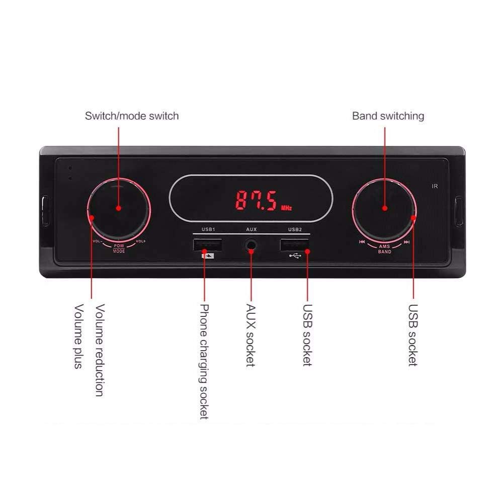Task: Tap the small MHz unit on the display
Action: click(286, 207)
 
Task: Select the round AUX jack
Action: click(251, 245)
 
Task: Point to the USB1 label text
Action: click(208, 229)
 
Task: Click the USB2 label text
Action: click(295, 229)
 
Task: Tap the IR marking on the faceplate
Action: click(435, 187)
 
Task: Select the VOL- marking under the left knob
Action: click(98, 241)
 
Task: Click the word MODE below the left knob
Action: click(119, 251)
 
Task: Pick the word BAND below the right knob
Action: click(384, 251)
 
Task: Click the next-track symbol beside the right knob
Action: click(406, 242)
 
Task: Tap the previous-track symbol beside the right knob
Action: click(362, 242)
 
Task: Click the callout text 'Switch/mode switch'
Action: click(132, 116)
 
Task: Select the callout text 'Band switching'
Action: click(388, 116)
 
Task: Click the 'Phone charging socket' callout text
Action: click(204, 361)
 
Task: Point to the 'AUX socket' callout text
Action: click(250, 335)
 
